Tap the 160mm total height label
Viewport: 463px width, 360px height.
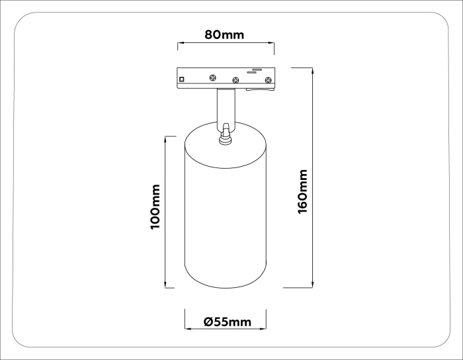pyautogui.click(x=303, y=191)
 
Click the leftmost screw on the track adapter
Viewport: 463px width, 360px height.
pyautogui.click(x=212, y=77)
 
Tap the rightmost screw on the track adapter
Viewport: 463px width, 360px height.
pyautogui.click(x=268, y=81)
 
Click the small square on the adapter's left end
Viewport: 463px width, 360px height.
pyautogui.click(x=182, y=80)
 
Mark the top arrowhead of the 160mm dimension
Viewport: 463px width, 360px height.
pyautogui.click(x=311, y=69)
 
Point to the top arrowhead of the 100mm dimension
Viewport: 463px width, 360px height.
pyautogui.click(x=165, y=138)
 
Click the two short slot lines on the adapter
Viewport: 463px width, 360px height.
pyautogui.click(x=256, y=69)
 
